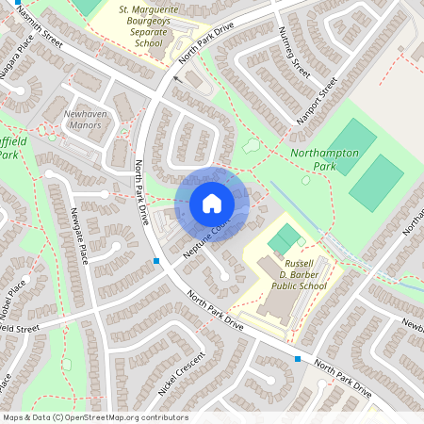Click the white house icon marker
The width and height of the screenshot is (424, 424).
click(211, 204)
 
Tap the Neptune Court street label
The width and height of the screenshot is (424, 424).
click(206, 240)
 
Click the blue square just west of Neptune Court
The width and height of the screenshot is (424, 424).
click(156, 259)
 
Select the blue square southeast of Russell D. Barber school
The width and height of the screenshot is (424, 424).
click(298, 359)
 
